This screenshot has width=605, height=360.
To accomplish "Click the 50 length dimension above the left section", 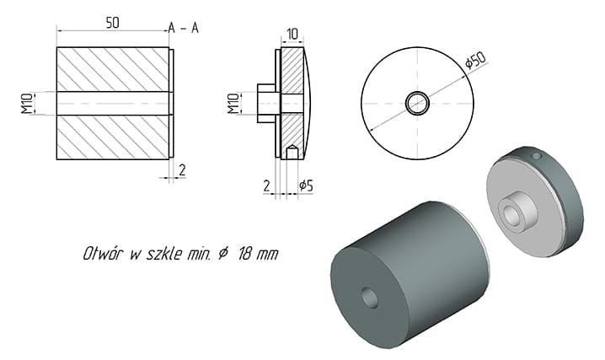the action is point(112,23).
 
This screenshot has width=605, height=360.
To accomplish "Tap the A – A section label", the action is point(184,28).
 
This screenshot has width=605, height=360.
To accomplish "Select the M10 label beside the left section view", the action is point(27,104).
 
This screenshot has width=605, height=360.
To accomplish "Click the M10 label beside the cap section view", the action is point(233,104).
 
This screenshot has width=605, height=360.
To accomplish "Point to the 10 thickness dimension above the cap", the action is point(292,35).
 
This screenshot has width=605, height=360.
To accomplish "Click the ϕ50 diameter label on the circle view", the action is point(475,60).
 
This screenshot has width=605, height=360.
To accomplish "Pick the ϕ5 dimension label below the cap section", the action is point(306,186).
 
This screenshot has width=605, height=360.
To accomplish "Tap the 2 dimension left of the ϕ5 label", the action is point(266,186).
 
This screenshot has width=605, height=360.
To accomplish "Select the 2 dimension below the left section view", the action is point(182,169).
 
